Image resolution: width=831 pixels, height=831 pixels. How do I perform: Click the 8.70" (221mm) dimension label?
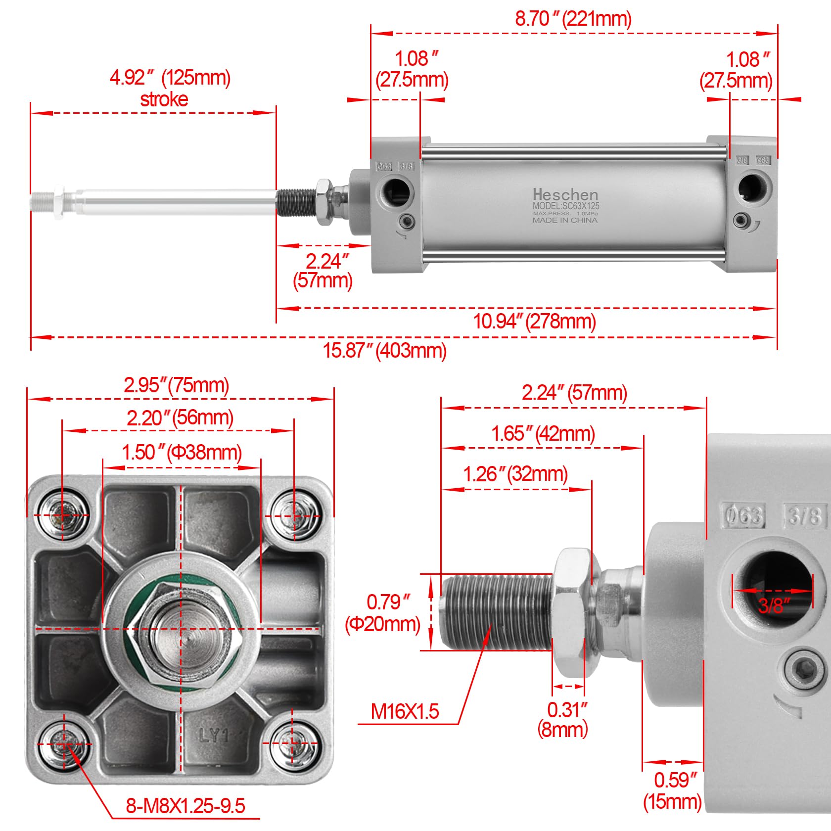(573, 19)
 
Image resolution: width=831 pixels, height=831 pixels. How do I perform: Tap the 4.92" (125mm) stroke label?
(170, 88)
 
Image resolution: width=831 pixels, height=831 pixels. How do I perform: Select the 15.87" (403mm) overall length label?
(384, 350)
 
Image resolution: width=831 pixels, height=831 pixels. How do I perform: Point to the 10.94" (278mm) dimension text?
(534, 322)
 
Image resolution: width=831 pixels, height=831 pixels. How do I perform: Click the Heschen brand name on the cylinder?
(565, 194)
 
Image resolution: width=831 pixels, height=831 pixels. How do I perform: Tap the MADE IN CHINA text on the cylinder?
(565, 220)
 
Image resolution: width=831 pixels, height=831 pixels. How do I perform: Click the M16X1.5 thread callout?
(405, 711)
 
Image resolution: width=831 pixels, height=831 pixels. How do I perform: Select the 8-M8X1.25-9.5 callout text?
(185, 806)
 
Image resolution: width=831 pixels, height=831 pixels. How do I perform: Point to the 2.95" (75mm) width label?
(176, 385)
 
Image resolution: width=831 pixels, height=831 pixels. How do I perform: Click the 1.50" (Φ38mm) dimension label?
(182, 452)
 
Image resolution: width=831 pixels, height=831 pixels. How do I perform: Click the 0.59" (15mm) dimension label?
(673, 790)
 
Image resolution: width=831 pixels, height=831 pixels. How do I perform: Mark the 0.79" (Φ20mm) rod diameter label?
(383, 613)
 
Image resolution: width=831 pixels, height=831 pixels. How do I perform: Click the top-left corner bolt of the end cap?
(63, 514)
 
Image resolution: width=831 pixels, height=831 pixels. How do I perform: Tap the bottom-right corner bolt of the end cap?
(294, 743)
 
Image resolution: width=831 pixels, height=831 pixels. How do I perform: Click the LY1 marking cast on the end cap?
(214, 736)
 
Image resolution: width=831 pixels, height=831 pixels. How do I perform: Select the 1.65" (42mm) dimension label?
(543, 434)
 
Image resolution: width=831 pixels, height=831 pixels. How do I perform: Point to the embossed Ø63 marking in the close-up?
(742, 515)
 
